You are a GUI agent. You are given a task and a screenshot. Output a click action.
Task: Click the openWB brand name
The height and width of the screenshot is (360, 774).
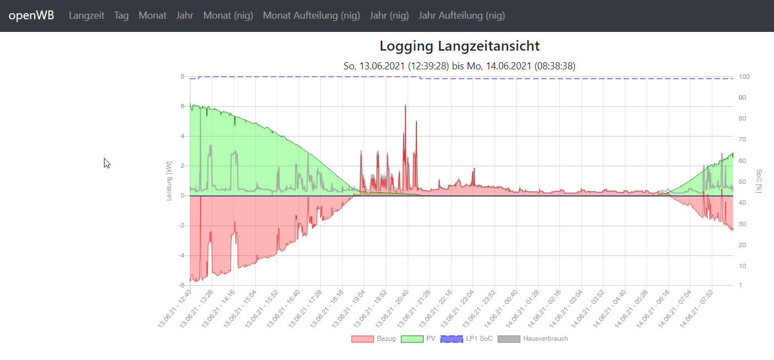click(31, 15)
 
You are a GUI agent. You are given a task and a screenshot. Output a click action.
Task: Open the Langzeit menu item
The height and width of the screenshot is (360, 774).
click(86, 15)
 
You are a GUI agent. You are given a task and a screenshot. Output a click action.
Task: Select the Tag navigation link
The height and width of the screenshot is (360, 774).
click(122, 15)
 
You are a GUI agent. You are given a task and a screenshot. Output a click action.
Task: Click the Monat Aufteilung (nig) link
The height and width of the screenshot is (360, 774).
click(311, 15)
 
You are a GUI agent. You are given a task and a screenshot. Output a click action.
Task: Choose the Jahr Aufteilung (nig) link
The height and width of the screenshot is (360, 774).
click(462, 15)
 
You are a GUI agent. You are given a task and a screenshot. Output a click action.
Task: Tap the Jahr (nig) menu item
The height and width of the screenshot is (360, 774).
click(389, 15)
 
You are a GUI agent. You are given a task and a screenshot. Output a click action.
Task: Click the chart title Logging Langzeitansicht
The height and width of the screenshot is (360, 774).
click(459, 46)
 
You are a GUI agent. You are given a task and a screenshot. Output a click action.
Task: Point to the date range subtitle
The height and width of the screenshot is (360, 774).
click(459, 66)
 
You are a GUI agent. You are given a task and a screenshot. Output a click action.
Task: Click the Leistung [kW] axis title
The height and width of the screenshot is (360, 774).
click(169, 181)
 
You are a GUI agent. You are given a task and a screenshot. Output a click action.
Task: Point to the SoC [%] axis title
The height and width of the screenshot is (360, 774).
click(759, 181)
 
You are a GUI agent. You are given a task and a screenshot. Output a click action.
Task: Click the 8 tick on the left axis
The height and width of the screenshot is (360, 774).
click(182, 77)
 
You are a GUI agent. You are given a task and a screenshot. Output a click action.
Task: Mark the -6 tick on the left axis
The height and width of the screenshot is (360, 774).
click(181, 285)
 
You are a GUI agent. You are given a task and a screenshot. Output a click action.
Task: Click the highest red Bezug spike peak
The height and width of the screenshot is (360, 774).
click(405, 105)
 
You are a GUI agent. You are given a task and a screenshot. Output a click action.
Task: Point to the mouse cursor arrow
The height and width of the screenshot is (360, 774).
click(106, 162)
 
